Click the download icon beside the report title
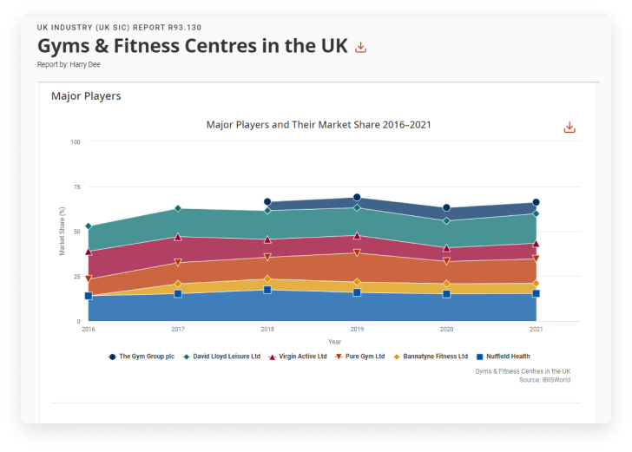click(x=361, y=47)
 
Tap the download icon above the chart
click(x=569, y=128)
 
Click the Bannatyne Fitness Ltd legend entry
click(x=431, y=357)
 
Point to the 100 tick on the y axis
click(x=76, y=141)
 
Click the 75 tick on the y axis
click(x=77, y=187)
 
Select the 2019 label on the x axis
click(x=357, y=330)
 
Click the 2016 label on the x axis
click(x=89, y=330)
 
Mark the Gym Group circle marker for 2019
click(x=357, y=198)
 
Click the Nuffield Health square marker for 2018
click(x=267, y=290)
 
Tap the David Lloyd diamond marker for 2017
click(x=178, y=209)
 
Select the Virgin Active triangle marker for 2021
click(x=536, y=244)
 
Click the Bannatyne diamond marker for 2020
click(x=446, y=284)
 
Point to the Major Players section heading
click(x=86, y=96)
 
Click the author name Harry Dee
click(x=82, y=64)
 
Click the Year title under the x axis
click(x=334, y=342)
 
